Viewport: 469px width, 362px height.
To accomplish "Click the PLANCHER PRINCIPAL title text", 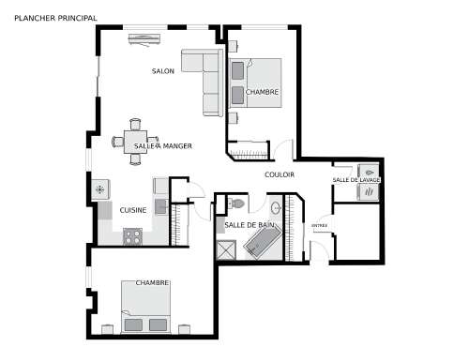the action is (x=55, y=18).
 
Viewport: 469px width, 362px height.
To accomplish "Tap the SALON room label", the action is (x=163, y=71).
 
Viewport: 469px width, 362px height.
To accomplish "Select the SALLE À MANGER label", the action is (x=163, y=146).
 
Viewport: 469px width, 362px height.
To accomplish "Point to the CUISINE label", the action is (x=133, y=210).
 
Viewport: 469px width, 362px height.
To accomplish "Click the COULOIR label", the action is (x=280, y=174).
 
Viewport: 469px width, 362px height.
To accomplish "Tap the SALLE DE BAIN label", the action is (x=250, y=225).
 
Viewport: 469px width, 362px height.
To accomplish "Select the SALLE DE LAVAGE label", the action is (x=356, y=180).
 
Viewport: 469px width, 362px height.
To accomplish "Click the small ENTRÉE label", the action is (x=320, y=225).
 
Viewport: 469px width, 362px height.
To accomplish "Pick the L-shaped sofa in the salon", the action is (x=203, y=82).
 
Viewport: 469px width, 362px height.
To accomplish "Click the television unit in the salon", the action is (x=144, y=39).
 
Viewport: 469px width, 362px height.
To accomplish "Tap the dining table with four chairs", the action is (x=135, y=142).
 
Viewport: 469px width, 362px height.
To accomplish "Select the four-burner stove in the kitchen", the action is (x=133, y=236).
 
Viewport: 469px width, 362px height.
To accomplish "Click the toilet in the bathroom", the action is (x=236, y=204).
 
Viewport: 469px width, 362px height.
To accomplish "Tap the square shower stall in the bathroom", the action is (x=226, y=249).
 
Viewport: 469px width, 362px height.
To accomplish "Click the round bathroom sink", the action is (x=276, y=207).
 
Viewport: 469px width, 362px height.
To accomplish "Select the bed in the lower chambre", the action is (x=145, y=307).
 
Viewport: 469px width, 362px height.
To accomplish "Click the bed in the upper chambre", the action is (x=255, y=83).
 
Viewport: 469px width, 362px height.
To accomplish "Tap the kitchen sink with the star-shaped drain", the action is (x=100, y=189).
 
